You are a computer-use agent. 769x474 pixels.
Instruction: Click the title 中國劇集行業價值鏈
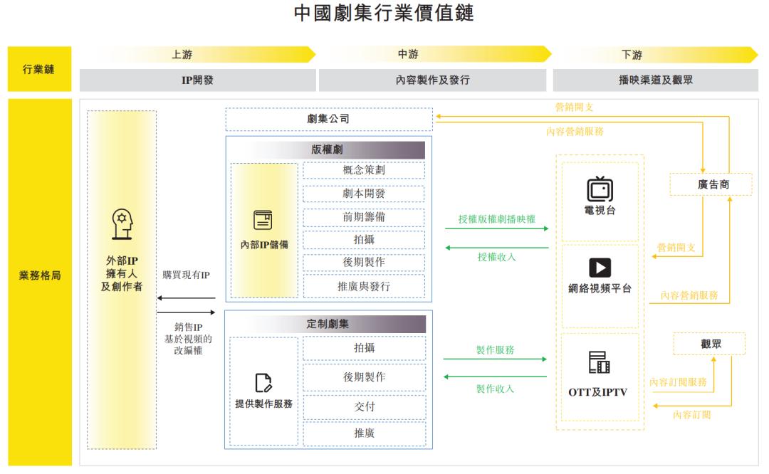click(384, 14)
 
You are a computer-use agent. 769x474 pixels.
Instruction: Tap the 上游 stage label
click(182, 54)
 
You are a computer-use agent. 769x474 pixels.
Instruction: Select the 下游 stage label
click(632, 54)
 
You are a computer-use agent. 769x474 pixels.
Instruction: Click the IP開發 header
click(198, 80)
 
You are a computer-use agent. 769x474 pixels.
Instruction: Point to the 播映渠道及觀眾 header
click(656, 80)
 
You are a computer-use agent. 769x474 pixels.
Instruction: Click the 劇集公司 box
click(329, 119)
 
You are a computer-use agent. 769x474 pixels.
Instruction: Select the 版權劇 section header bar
click(327, 149)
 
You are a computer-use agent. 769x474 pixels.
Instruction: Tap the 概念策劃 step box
click(364, 170)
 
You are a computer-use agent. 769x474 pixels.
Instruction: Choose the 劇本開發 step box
click(364, 194)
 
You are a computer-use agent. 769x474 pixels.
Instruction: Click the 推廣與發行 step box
click(364, 286)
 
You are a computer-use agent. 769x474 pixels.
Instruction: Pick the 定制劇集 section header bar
click(328, 324)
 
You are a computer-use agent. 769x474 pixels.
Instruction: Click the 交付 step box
click(365, 406)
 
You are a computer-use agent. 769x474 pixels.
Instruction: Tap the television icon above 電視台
click(600, 189)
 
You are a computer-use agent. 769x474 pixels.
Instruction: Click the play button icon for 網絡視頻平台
click(600, 268)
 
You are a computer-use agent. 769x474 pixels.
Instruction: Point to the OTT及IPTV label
click(598, 392)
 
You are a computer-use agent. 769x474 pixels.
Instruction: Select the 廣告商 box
click(711, 184)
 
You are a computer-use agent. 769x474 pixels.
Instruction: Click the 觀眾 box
click(710, 344)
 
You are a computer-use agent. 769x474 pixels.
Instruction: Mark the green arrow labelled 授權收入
click(497, 248)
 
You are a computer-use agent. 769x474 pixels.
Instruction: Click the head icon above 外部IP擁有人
click(122, 224)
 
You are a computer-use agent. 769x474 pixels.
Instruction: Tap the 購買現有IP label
click(187, 275)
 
